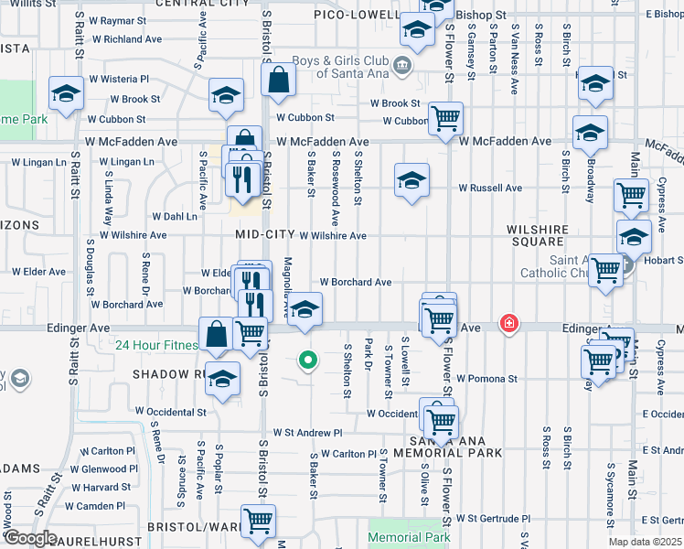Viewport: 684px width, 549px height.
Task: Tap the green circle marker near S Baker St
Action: [x=308, y=361]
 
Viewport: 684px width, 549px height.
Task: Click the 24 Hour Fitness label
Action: [x=155, y=346]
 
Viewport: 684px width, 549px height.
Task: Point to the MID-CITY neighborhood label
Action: [x=266, y=234]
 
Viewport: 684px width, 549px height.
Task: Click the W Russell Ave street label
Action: [x=490, y=188]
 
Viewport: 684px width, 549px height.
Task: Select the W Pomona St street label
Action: [x=486, y=377]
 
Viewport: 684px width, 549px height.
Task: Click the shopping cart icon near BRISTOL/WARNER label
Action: [x=259, y=520]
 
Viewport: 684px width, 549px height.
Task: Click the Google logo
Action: [x=29, y=538]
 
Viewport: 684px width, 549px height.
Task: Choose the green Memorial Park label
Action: [x=410, y=538]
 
